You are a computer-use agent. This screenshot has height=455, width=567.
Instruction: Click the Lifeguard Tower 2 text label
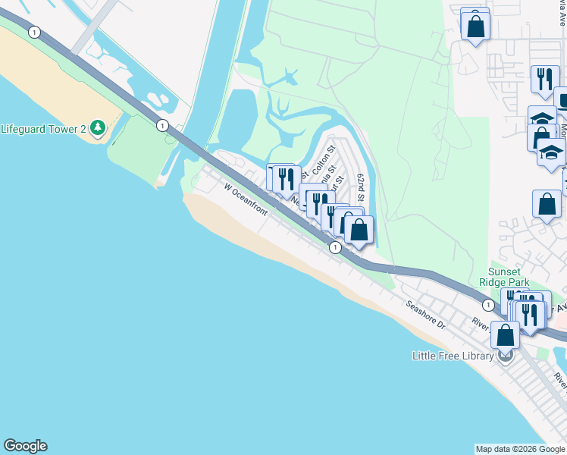(43, 128)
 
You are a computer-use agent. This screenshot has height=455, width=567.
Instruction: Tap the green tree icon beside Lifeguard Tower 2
(97, 128)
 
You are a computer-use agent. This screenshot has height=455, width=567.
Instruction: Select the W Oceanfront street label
(245, 198)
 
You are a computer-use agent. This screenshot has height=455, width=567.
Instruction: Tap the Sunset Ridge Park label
(503, 277)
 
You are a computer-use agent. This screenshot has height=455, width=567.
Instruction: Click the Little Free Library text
(453, 355)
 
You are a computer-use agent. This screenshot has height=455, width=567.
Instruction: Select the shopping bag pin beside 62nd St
(359, 229)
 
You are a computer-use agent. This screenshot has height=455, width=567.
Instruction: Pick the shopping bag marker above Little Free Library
(505, 334)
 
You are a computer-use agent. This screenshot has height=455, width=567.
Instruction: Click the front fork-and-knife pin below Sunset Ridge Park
(529, 312)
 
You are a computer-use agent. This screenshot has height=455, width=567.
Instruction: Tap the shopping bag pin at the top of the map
(475, 26)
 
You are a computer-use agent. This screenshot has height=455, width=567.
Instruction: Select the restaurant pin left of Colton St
(285, 179)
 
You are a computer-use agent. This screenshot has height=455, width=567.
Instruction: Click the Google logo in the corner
(25, 446)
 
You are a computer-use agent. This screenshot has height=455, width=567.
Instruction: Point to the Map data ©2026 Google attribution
(520, 449)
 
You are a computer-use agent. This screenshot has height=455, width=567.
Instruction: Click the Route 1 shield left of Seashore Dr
(334, 247)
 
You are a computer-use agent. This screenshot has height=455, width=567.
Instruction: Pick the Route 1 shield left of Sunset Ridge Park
(485, 304)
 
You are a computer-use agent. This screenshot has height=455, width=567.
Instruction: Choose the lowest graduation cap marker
(551, 152)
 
